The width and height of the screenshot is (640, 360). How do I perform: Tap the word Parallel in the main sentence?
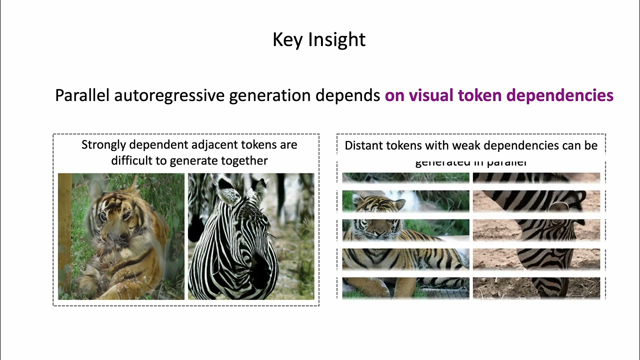pos(82,95)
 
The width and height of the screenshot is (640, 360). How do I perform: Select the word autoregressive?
pos(169,95)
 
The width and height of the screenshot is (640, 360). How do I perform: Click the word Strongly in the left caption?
pos(103,145)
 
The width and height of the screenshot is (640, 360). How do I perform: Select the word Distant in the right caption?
pos(362,145)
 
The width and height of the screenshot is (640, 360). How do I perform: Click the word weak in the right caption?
pos(466,145)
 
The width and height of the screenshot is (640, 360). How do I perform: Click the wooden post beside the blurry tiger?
pos(64,235)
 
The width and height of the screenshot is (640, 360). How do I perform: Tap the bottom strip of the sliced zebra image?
pos(536,288)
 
